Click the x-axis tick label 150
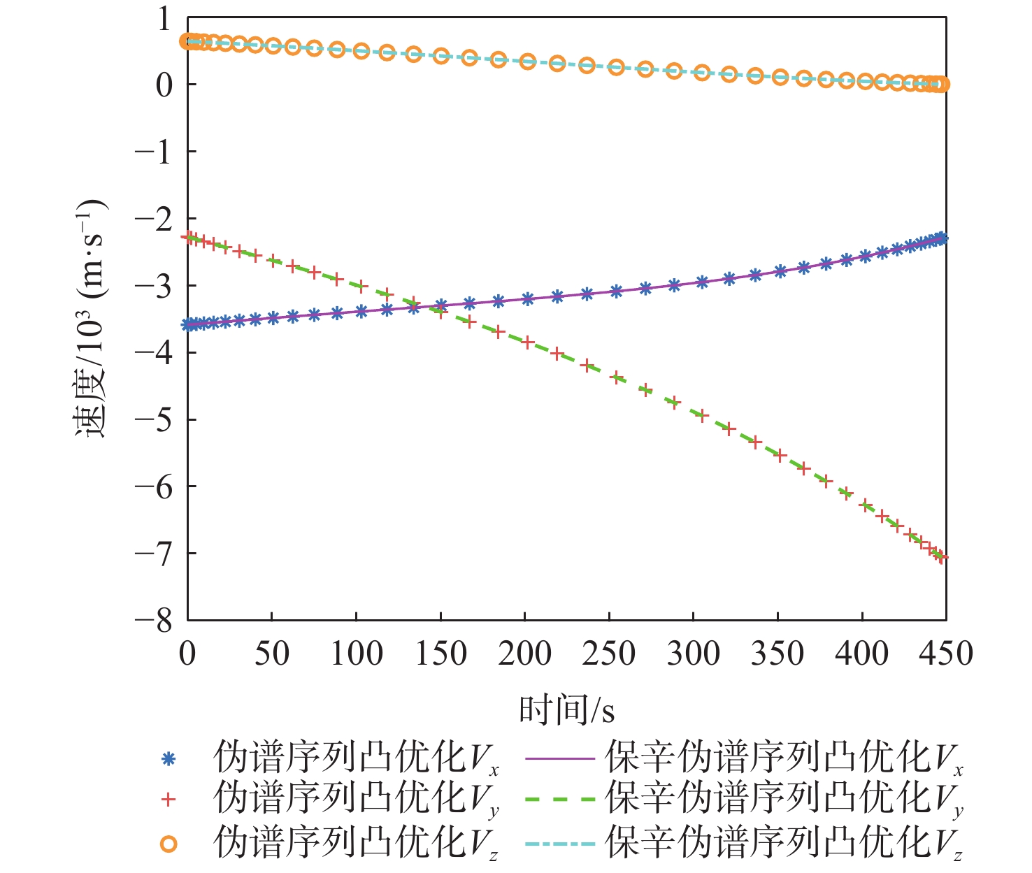coord(440,654)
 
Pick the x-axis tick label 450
coord(945,654)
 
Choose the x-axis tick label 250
coord(608,654)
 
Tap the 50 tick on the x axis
coord(271,654)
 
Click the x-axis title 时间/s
coord(566,710)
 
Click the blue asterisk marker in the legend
coord(168,758)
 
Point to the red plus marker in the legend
coord(168,800)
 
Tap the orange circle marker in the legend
coord(168,844)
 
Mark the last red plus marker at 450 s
coord(941,557)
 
